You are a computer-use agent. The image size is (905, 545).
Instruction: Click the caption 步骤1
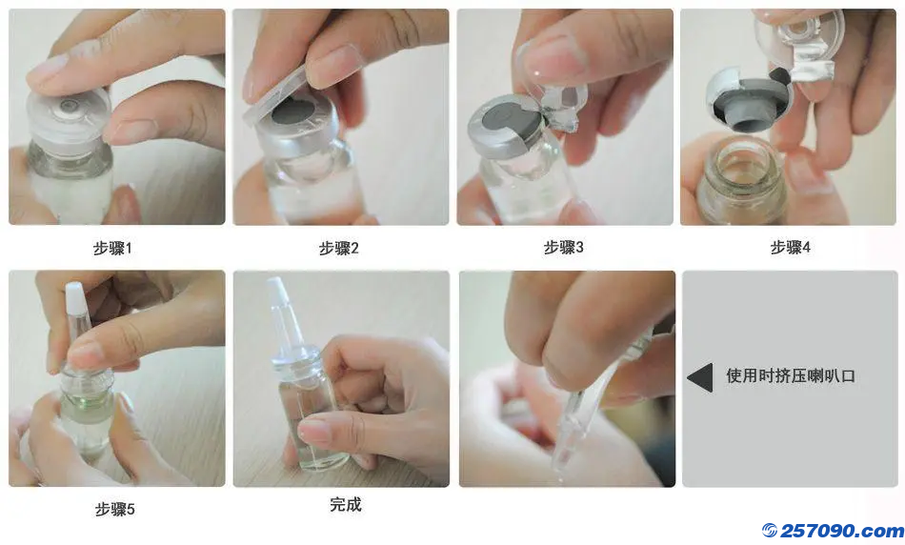pos(112,249)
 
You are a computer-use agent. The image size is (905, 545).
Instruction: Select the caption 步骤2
pos(339,249)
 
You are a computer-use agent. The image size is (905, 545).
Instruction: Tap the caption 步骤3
pos(563,248)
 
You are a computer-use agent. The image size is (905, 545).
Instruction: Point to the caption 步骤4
pos(790,248)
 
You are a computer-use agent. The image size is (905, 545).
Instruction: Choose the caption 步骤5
pos(115,509)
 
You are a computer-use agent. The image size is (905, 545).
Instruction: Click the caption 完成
pos(346,505)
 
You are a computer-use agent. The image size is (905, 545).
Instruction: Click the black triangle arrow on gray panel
pos(700,377)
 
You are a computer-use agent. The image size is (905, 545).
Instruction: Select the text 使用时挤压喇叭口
pos(790,375)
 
